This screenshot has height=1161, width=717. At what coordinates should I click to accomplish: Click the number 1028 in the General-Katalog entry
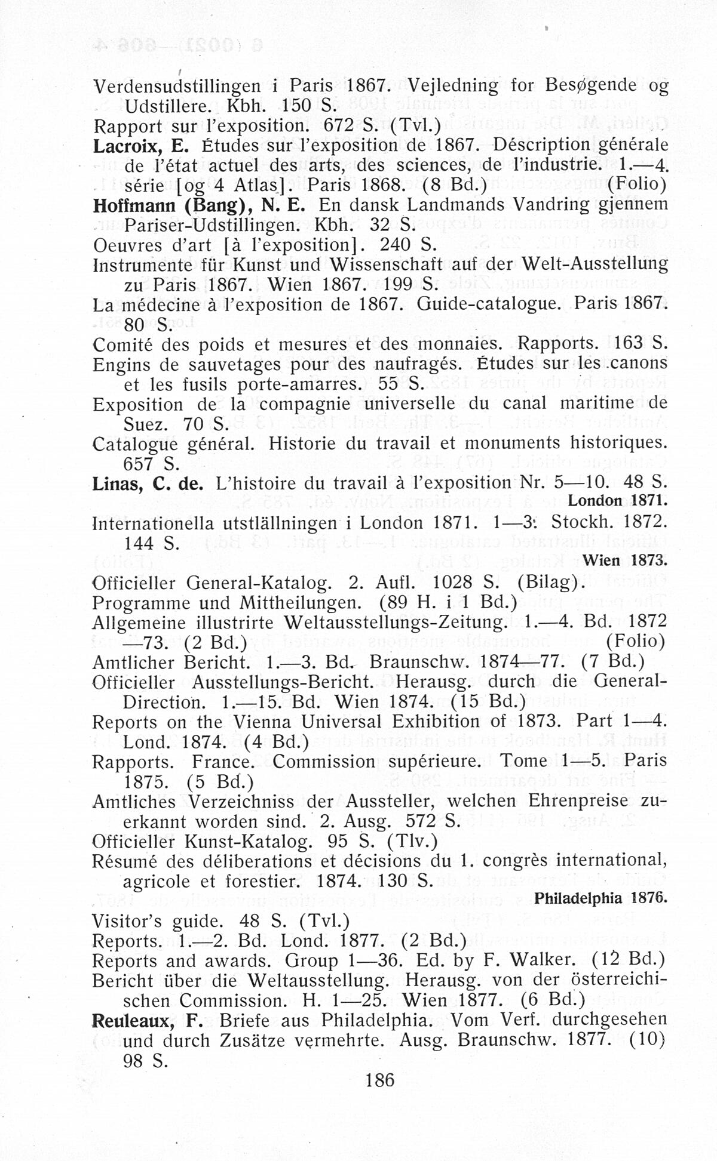pyautogui.click(x=453, y=582)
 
